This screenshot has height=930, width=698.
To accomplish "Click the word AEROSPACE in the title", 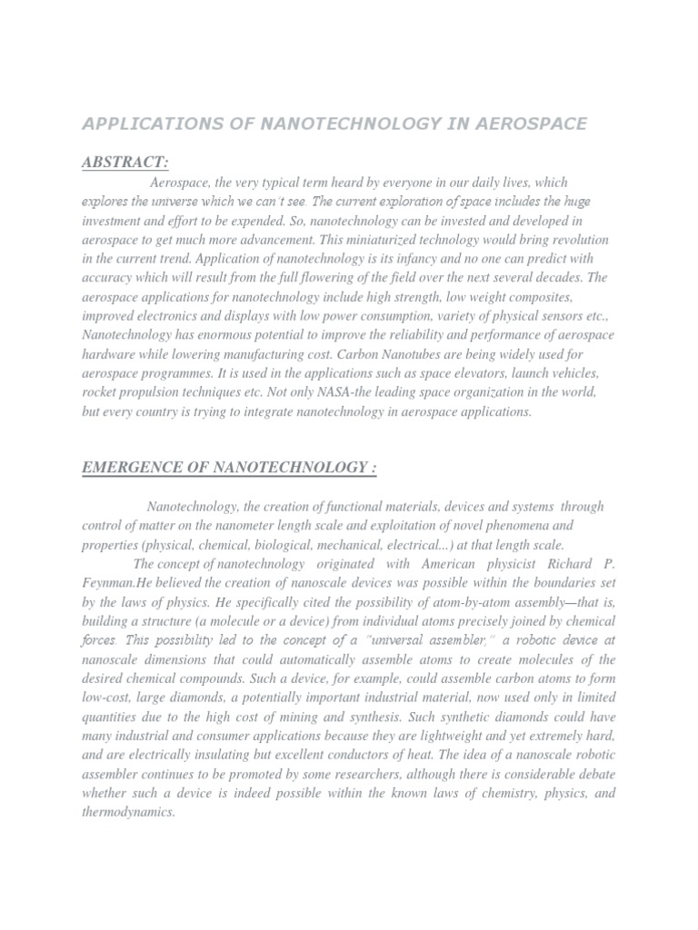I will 528,124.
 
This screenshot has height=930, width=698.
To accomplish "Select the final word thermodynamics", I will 128,811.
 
